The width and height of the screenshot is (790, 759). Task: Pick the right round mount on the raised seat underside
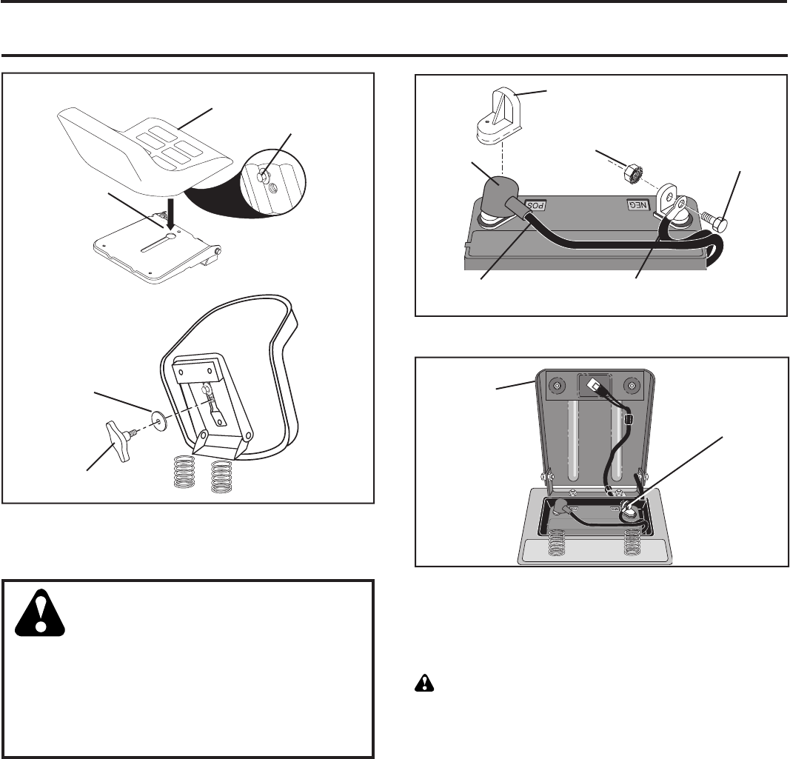[632, 385]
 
